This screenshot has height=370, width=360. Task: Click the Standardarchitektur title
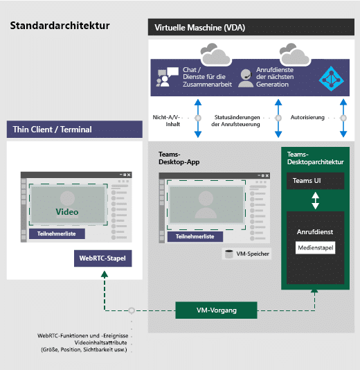tap(60, 26)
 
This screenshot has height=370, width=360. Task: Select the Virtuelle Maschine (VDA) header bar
tap(251, 27)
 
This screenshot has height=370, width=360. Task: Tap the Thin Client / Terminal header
tap(75, 130)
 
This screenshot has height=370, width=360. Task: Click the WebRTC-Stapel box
tap(102, 258)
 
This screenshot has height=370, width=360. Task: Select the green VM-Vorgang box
tap(216, 310)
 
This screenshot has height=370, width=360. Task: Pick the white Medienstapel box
tap(315, 248)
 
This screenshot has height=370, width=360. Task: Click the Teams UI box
tap(315, 181)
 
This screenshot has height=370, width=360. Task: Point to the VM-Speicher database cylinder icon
tap(229, 254)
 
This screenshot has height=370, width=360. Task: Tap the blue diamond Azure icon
tap(331, 79)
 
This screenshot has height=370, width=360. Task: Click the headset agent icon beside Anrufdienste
tap(245, 78)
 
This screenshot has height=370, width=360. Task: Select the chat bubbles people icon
tap(167, 77)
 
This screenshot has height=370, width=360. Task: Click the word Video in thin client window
tap(67, 211)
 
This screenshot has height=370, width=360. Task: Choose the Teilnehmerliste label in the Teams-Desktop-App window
tap(195, 236)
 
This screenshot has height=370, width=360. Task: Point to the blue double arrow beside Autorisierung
tap(343, 118)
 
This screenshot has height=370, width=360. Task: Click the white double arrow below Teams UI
tap(315, 200)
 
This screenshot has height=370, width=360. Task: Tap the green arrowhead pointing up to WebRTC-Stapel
tap(105, 274)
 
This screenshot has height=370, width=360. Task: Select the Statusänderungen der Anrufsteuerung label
tap(236, 121)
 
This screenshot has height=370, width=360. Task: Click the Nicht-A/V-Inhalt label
tap(166, 121)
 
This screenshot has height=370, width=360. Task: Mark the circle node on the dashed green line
tap(132, 310)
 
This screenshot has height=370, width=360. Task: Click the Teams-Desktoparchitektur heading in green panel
tap(315, 158)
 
